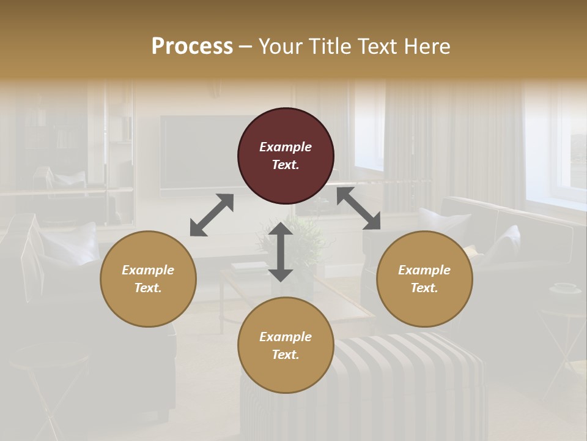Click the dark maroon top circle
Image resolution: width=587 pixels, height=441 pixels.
pyautogui.click(x=286, y=156)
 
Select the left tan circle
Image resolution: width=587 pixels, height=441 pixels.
pyautogui.click(x=148, y=279)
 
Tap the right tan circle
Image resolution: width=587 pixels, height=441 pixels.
pyautogui.click(x=424, y=279)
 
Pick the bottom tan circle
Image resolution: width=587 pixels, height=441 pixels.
pyautogui.click(x=286, y=345)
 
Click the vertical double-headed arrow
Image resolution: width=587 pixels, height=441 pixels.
pyautogui.click(x=281, y=252)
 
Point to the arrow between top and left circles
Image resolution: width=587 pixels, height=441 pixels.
pyautogui.click(x=212, y=215)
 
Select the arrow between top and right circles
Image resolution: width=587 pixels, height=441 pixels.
pyautogui.click(x=358, y=208)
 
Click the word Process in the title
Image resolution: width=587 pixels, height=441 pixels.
pyautogui.click(x=192, y=46)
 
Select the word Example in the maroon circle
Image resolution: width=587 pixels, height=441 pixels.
pyautogui.click(x=286, y=147)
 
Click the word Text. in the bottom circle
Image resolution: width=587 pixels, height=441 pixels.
pyautogui.click(x=286, y=355)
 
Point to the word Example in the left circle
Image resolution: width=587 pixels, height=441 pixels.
pyautogui.click(x=148, y=270)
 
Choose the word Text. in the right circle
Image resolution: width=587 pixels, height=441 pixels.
pyautogui.click(x=424, y=288)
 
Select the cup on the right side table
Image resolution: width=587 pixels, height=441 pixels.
pyautogui.click(x=564, y=288)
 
